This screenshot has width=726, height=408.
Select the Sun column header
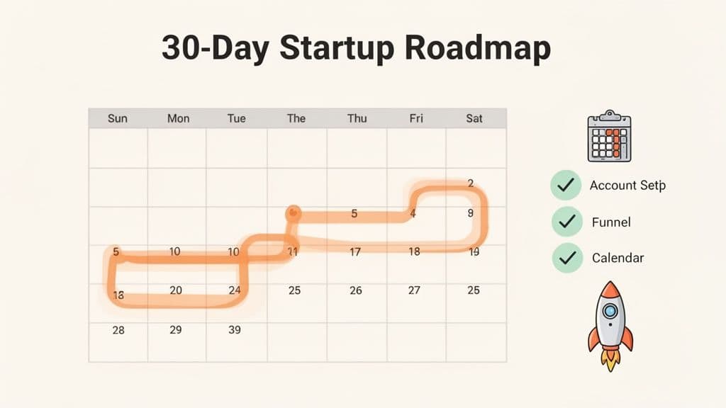118,118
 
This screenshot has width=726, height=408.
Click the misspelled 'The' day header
296,118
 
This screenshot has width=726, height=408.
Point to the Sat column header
474,118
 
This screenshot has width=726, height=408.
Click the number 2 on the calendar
471,183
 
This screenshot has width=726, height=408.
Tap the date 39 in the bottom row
235,329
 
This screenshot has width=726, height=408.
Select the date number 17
355,251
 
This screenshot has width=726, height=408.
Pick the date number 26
356,290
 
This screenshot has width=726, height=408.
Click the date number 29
176,329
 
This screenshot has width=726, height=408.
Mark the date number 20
176,290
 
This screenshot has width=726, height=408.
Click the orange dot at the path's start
293,212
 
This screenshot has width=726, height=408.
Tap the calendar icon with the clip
609,137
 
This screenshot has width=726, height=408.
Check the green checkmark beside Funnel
566,222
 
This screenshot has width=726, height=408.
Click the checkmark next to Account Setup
566,186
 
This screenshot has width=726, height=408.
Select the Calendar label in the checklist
618,258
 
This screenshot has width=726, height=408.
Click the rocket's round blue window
610,310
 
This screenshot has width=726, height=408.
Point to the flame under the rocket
610,358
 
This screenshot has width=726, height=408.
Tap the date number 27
415,290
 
